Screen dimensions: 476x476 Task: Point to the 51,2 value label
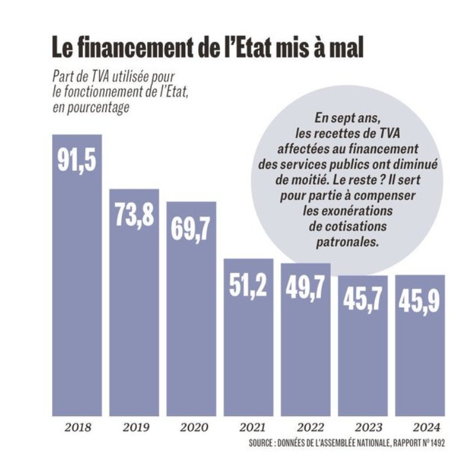click(248, 285)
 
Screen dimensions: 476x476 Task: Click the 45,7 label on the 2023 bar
click(362, 301)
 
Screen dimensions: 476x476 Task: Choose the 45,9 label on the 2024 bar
click(420, 301)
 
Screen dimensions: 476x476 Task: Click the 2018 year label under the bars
click(77, 428)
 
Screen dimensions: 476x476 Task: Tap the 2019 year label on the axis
click(134, 428)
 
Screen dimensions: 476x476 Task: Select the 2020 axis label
click(191, 428)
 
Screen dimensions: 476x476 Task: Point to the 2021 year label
click(248, 428)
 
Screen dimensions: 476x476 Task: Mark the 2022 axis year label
click(305, 428)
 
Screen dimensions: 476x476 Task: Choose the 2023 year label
click(362, 428)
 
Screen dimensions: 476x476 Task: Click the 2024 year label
click(420, 428)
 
